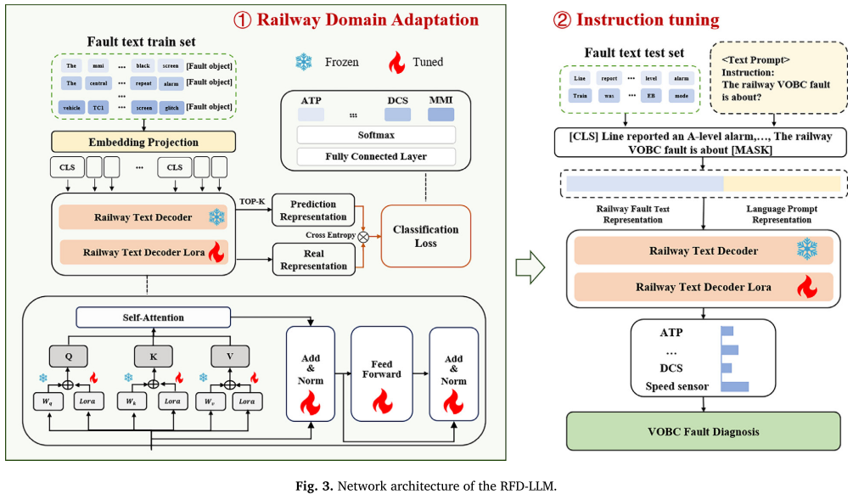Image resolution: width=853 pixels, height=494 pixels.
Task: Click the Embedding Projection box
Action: [x=143, y=142]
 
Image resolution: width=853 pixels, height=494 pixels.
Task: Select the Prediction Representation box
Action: [x=313, y=211]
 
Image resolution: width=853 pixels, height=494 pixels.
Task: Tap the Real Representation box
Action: [x=313, y=259]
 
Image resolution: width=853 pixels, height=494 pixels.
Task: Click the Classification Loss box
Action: [x=425, y=236]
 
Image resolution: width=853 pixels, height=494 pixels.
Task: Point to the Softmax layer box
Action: [x=376, y=135]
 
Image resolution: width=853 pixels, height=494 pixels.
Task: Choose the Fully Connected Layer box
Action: [x=376, y=156]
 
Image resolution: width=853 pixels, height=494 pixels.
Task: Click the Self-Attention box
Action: [x=153, y=317]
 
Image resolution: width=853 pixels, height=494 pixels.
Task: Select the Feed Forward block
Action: [x=381, y=373]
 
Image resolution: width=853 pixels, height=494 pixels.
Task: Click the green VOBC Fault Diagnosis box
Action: [x=704, y=432]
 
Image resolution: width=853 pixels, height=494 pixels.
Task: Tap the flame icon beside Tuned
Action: [x=396, y=62]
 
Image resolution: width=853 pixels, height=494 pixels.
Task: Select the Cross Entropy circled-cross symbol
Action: [x=363, y=236]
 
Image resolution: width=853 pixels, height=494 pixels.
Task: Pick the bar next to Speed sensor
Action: [x=734, y=387]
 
